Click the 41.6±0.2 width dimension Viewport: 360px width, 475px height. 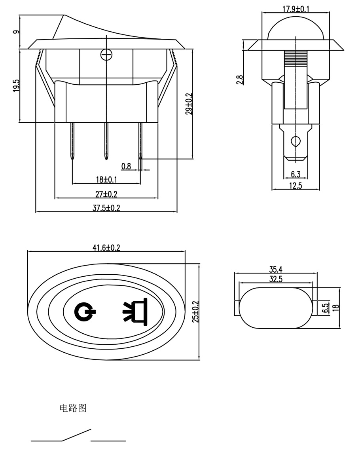click(x=106, y=248)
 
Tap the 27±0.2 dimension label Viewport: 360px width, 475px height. click(x=106, y=194)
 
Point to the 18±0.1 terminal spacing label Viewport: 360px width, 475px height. click(x=106, y=180)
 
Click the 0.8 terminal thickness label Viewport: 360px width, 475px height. click(x=126, y=166)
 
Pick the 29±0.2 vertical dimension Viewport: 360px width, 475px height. click(x=189, y=104)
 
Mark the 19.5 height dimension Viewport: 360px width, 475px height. click(x=16, y=85)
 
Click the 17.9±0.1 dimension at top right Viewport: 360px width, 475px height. click(x=296, y=9)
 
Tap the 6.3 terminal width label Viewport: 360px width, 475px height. click(x=296, y=174)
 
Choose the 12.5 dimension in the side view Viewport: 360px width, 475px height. click(x=296, y=186)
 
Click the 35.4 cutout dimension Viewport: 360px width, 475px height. click(x=276, y=270)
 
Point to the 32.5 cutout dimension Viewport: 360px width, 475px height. click(x=276, y=279)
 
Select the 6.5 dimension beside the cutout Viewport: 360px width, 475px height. click(x=326, y=308)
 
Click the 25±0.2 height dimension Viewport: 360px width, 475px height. click(x=195, y=312)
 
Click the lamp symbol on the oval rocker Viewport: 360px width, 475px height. click(x=135, y=310)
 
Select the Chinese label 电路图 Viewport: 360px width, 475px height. click(x=73, y=408)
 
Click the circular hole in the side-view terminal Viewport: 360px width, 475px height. click(x=296, y=141)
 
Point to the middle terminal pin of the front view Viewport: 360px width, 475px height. click(x=106, y=141)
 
